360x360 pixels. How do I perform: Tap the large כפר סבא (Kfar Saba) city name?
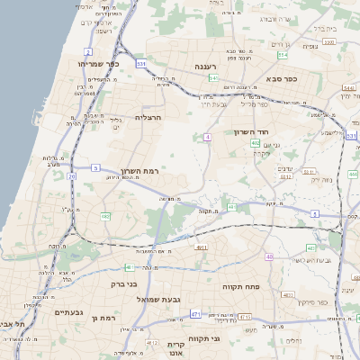[281, 78]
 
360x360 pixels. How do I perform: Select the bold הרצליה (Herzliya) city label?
[148, 117]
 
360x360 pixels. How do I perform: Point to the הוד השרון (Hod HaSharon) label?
[265, 131]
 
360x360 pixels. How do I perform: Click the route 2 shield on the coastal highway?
[87, 51]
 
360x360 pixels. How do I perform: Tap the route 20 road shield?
[72, 176]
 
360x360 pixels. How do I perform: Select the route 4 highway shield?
[207, 137]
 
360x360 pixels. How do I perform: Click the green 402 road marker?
[256, 142]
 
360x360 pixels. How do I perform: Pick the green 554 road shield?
[283, 56]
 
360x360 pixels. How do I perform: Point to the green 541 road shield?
[214, 78]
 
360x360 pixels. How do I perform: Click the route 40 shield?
[268, 256]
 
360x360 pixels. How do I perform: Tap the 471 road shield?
[195, 314]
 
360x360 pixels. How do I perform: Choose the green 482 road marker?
[105, 216]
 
